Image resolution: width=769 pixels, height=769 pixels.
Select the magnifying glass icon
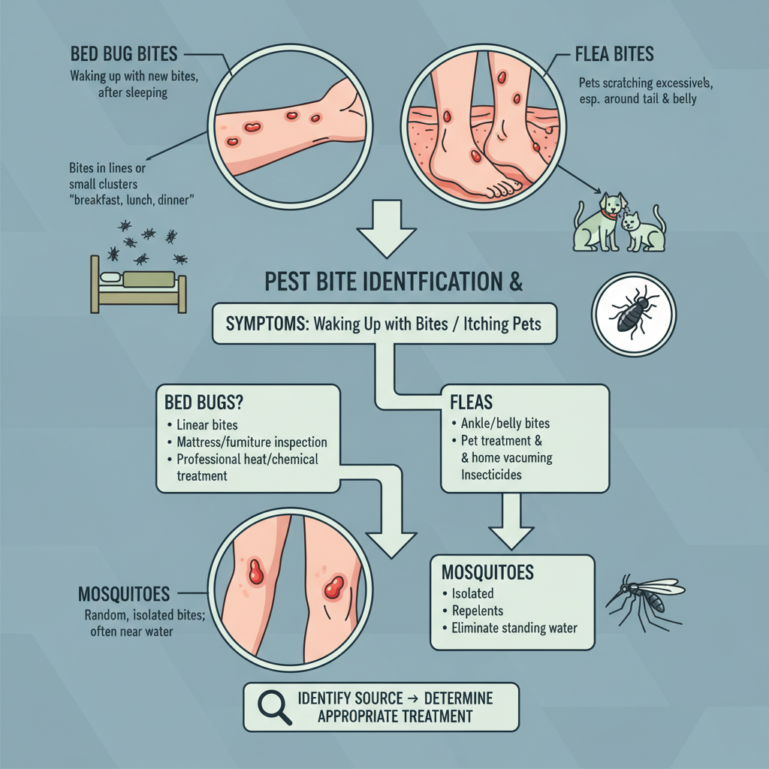coord(273,705)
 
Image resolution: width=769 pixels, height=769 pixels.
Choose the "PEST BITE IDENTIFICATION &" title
coord(394,284)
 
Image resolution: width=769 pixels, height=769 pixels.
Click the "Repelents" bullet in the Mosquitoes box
coord(477,610)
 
